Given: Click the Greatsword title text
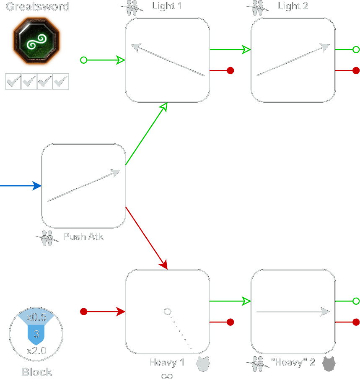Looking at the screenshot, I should [37, 7].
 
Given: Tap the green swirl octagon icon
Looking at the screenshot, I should [36, 41].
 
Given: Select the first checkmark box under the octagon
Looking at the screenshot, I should [13, 82].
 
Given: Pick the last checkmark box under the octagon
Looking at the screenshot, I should [61, 82].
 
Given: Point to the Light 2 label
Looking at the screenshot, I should [293, 6].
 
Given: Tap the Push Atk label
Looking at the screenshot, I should [83, 236].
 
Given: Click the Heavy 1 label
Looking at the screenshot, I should [167, 362].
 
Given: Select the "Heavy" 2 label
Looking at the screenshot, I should [293, 362].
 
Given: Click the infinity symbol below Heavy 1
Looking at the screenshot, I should [167, 376].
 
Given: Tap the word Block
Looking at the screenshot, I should [37, 372].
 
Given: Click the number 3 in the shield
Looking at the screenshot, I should [36, 334].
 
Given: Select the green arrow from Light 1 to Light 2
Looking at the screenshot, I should [230, 50].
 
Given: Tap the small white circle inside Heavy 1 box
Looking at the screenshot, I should [167, 312].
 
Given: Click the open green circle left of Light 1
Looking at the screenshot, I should [83, 60].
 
